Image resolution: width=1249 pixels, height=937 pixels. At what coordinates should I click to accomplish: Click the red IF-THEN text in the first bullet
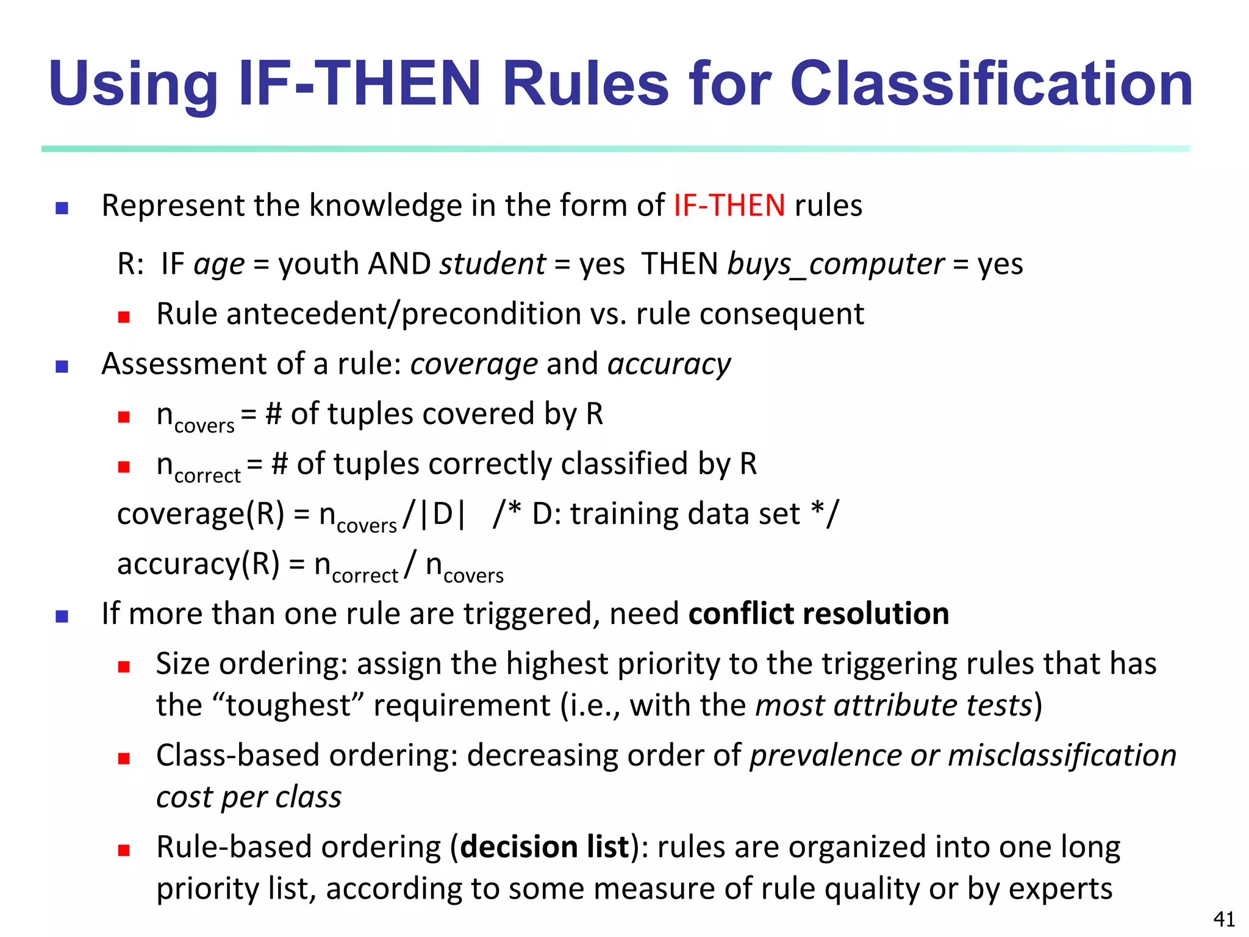[729, 206]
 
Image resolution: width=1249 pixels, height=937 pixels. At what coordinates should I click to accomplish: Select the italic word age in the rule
[219, 265]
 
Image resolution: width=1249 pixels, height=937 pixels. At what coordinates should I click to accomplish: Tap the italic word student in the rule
[493, 264]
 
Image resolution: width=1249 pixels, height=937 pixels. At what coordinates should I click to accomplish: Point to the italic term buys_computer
[836, 265]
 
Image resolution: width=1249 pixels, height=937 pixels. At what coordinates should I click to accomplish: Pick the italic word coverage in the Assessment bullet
[474, 365]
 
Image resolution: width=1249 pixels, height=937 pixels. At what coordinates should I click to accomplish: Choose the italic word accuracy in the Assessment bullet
[669, 365]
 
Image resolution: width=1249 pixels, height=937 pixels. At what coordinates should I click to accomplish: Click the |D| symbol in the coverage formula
[443, 514]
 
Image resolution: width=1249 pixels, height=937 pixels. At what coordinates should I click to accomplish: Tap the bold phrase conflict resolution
[818, 614]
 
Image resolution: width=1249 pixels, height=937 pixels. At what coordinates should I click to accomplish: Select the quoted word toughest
[288, 706]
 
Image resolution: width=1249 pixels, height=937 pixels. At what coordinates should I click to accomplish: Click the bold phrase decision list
[545, 847]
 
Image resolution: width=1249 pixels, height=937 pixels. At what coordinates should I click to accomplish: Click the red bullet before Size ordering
[124, 667]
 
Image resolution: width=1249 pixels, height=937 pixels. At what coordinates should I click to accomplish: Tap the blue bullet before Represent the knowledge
[62, 209]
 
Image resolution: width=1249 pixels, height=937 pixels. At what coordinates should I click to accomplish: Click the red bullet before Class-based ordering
[124, 759]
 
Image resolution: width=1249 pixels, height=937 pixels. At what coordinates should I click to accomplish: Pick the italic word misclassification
[1062, 756]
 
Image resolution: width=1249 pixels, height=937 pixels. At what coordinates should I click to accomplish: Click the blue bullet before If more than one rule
[62, 617]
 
